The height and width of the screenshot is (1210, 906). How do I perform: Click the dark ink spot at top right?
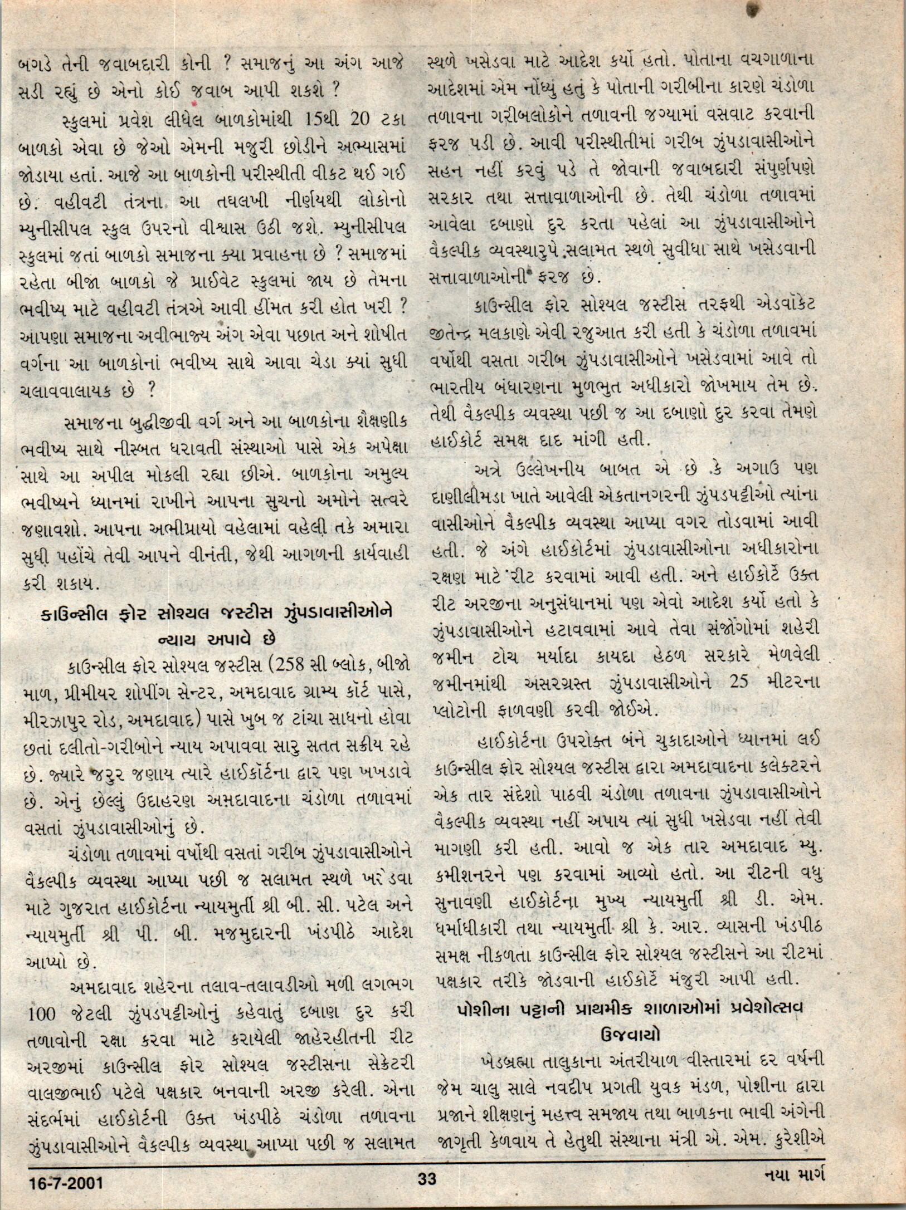point(753,8)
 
